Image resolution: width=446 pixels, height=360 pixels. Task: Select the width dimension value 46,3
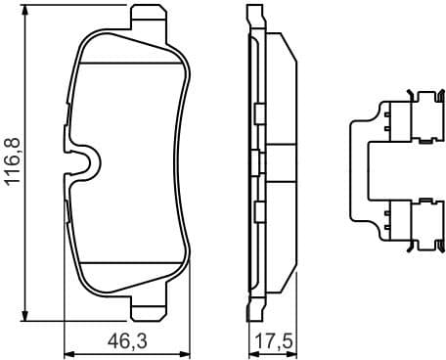[128, 343]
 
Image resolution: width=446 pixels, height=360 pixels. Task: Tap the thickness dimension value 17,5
[275, 343]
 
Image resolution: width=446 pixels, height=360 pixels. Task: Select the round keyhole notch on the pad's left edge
[81, 163]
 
